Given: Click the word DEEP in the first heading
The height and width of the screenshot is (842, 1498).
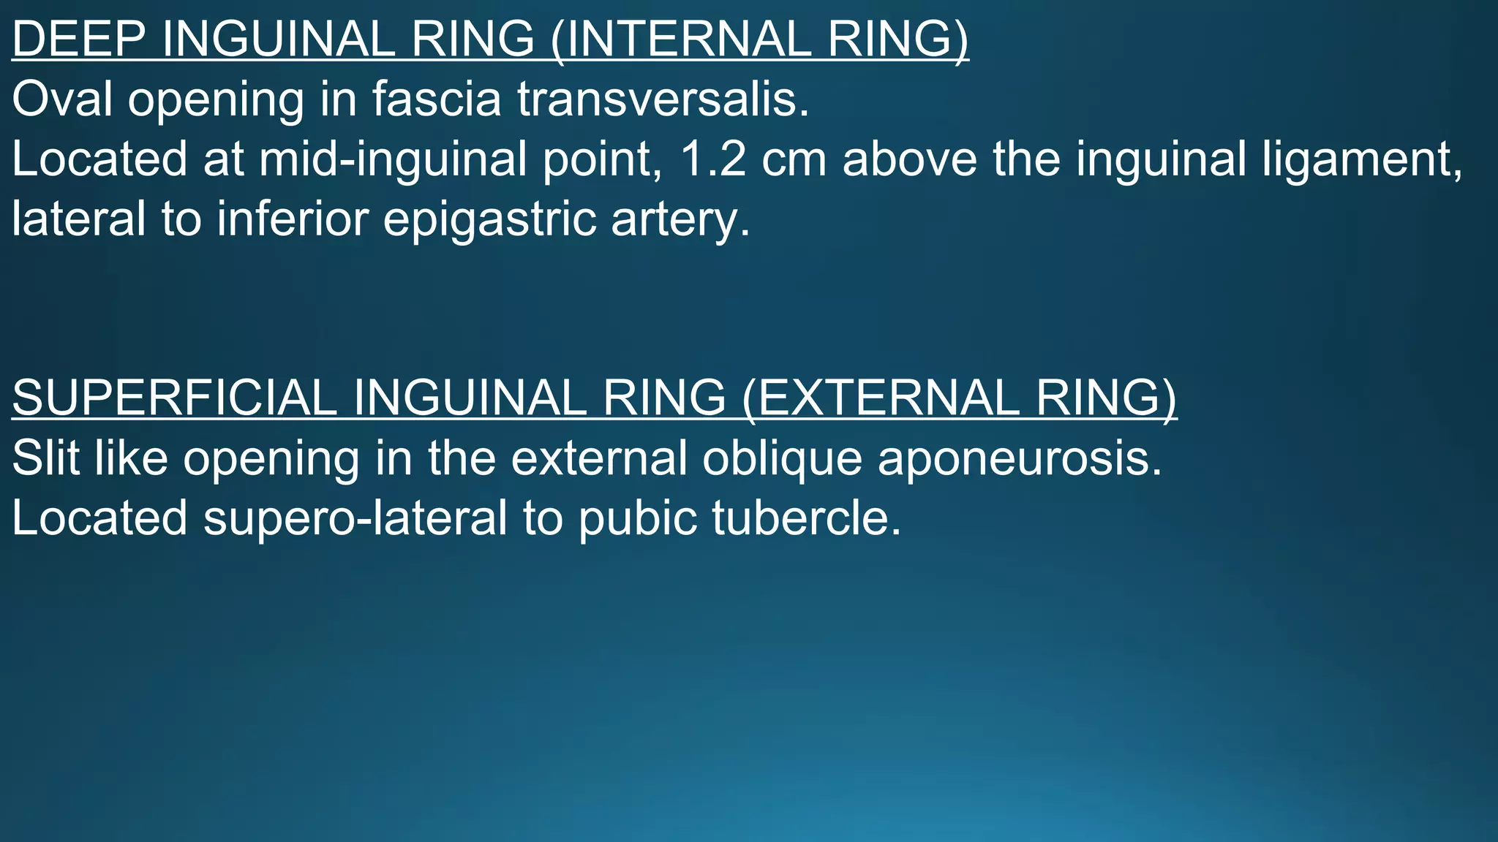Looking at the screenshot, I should coord(78,39).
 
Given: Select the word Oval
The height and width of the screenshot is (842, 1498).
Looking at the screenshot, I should coord(62,99).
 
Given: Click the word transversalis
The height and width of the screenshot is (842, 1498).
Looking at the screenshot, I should coord(663,99).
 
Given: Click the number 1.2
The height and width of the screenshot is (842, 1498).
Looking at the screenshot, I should coord(713,159).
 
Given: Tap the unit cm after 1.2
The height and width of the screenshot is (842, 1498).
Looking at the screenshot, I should coord(794,159).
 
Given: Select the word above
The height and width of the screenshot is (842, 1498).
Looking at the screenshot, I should coord(909,159).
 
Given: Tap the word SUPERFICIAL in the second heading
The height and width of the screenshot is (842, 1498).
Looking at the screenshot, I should coord(174,398).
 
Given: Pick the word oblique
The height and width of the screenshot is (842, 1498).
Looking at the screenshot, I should coord(782,459).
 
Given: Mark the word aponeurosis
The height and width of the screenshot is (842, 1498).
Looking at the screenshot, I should coord(1020,459).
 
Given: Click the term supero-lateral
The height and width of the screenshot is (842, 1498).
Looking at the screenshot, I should coord(355,518).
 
